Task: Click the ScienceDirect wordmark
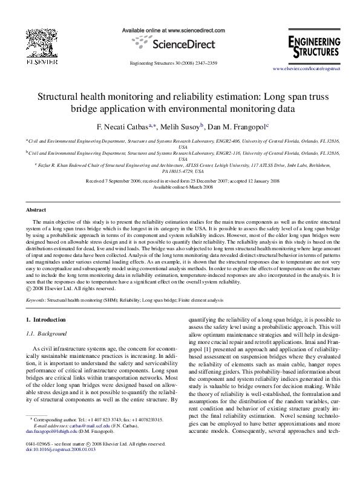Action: (x=181, y=44)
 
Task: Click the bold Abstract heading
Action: (x=36, y=210)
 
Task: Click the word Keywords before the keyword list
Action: (x=36, y=299)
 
